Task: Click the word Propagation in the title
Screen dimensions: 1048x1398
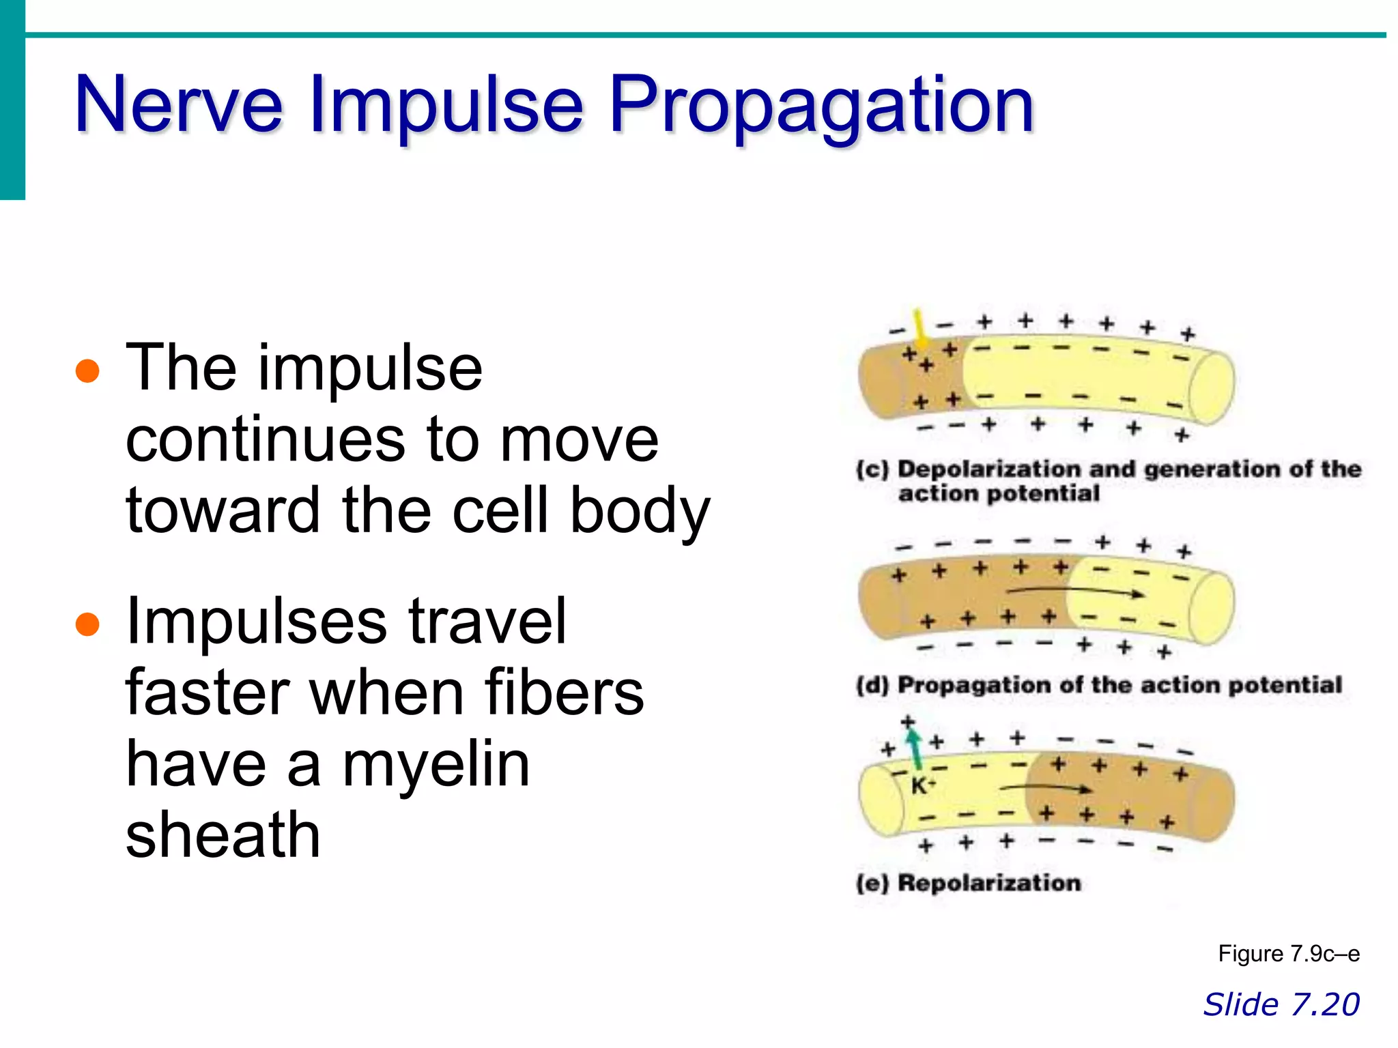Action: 822,106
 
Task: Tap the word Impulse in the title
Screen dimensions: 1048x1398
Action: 447,106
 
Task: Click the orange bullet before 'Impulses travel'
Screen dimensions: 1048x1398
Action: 88,624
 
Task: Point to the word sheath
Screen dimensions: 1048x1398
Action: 223,835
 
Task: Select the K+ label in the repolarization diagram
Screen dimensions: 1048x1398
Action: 922,785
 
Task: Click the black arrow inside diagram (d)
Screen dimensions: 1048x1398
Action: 1075,592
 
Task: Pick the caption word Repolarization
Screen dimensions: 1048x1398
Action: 989,883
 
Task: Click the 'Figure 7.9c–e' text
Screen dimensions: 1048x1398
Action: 1288,953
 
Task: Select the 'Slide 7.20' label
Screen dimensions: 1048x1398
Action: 1281,1004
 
